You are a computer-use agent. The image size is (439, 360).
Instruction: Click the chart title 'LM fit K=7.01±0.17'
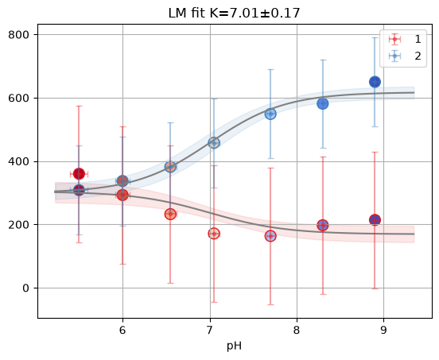coord(234,14)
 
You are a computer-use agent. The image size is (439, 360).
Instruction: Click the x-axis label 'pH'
coord(234,346)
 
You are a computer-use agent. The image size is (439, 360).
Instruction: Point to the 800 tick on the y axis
coord(18,35)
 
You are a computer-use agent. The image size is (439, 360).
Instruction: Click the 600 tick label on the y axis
coord(18,99)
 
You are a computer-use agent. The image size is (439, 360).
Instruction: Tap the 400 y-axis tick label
coord(18,161)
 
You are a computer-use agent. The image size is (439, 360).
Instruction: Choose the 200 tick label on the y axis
coord(18,225)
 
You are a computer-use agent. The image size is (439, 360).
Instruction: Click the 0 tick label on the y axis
coord(25,288)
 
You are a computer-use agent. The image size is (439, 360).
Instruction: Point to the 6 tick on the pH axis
coord(122,331)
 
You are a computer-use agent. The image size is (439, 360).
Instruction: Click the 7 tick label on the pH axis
coord(210,331)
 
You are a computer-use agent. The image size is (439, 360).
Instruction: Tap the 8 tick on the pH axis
coord(297,331)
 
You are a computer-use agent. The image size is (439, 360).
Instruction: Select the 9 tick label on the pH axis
coord(383,331)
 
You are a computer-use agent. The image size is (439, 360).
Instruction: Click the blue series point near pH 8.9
coord(375,82)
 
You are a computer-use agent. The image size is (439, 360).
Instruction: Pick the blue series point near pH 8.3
coord(323,104)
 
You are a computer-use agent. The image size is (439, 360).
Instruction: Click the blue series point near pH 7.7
coord(270,114)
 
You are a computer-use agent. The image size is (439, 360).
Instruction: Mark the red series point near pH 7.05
coord(214,234)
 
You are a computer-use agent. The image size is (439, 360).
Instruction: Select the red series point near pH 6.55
coord(170,215)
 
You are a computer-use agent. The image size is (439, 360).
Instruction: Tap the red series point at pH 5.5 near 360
coord(79,174)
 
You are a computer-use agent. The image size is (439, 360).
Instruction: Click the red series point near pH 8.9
coord(375,220)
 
